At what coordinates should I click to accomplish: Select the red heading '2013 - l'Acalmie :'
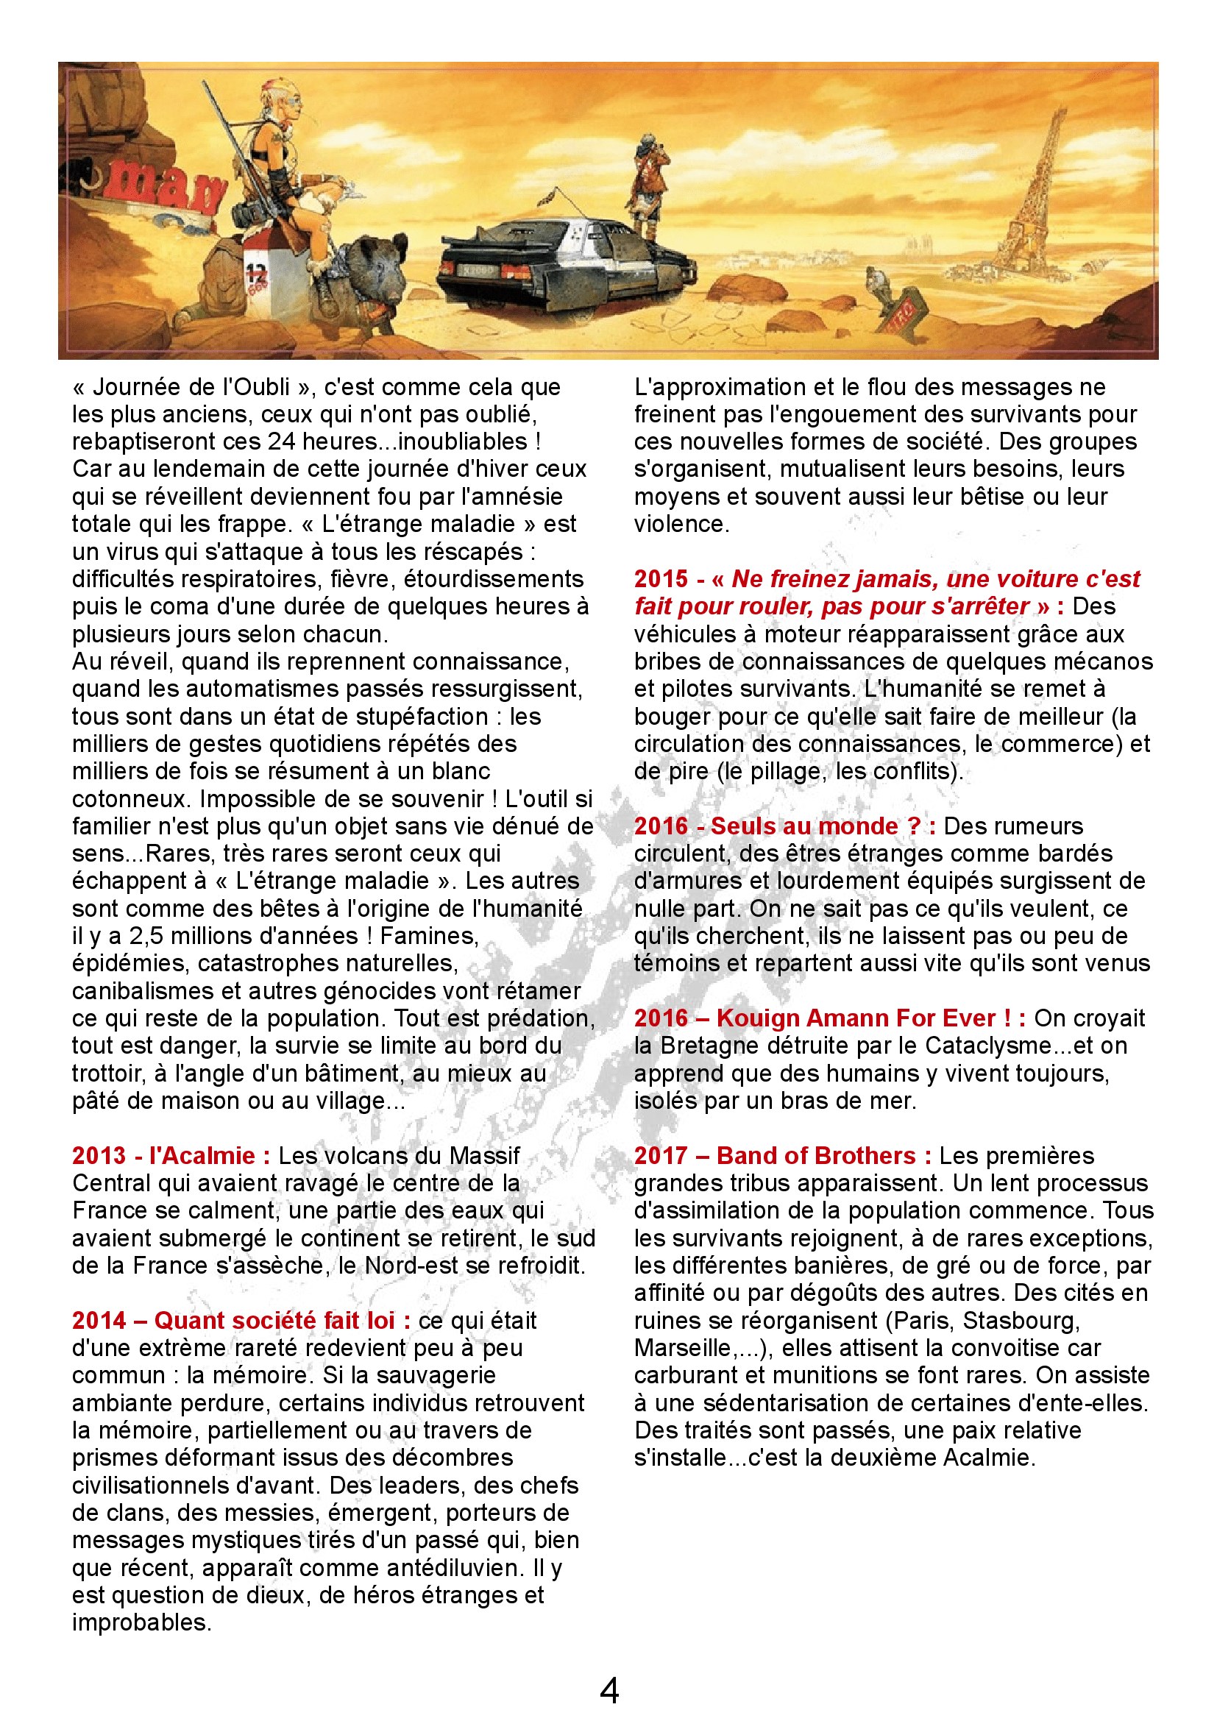[171, 1156]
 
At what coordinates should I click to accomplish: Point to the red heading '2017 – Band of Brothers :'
[782, 1156]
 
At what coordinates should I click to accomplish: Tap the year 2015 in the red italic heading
[660, 578]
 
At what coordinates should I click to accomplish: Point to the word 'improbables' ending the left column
[140, 1623]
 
